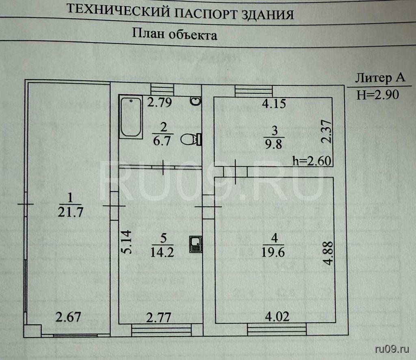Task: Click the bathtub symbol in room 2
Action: pos(131,117)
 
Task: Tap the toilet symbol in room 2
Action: pos(191,140)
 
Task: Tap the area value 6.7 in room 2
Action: pos(162,140)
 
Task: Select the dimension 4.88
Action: pos(329,254)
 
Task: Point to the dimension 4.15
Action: pos(274,104)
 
